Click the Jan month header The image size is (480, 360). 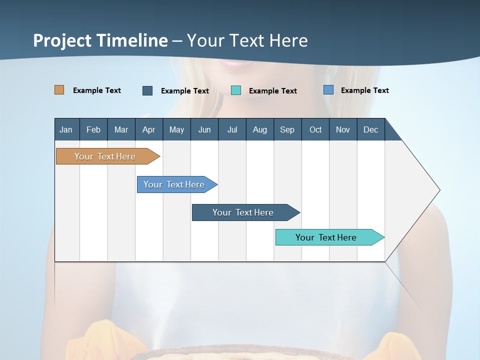tap(66, 129)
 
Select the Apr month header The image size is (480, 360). tap(148, 129)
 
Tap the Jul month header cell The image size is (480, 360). tap(232, 129)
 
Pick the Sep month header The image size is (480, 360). tap(287, 129)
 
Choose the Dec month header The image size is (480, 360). tap(370, 129)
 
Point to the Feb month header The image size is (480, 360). tap(93, 129)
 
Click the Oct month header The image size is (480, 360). tap(315, 129)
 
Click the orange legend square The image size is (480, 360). tap(59, 90)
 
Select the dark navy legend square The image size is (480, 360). tap(147, 90)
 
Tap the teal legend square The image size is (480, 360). tap(236, 90)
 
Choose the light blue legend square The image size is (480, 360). tap(328, 90)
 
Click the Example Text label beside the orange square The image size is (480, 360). tap(97, 90)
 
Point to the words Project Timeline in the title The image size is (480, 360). tap(100, 40)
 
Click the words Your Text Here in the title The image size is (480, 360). tap(247, 40)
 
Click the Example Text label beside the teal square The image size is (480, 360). tap(273, 91)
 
